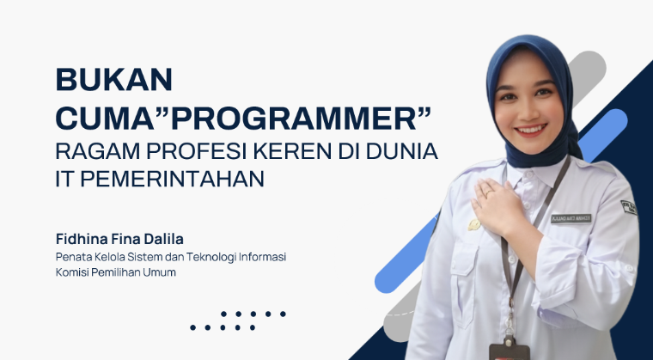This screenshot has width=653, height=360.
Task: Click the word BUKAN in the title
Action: pyautogui.click(x=114, y=80)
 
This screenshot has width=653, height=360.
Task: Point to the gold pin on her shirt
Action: pyautogui.click(x=474, y=225)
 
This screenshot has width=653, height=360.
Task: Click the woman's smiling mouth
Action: pyautogui.click(x=530, y=130)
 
